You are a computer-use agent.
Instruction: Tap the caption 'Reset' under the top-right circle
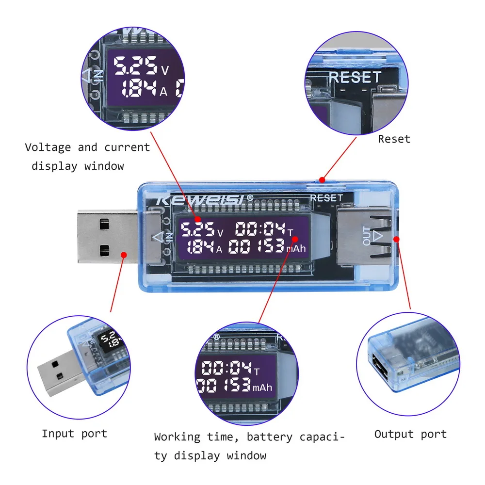(x=394, y=139)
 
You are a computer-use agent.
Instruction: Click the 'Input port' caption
(x=74, y=434)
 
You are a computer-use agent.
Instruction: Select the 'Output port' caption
(x=410, y=434)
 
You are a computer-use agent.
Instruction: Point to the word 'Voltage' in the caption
(x=48, y=147)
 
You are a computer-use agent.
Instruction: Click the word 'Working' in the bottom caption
(x=177, y=437)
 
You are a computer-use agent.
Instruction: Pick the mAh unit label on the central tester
(x=296, y=249)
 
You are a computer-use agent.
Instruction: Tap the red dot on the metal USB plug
(x=123, y=254)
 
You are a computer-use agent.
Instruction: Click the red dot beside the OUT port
(x=397, y=239)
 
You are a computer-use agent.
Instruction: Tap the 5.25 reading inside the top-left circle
(x=135, y=66)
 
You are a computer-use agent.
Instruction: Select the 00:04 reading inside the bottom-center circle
(x=225, y=369)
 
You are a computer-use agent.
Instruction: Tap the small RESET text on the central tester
(x=326, y=198)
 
